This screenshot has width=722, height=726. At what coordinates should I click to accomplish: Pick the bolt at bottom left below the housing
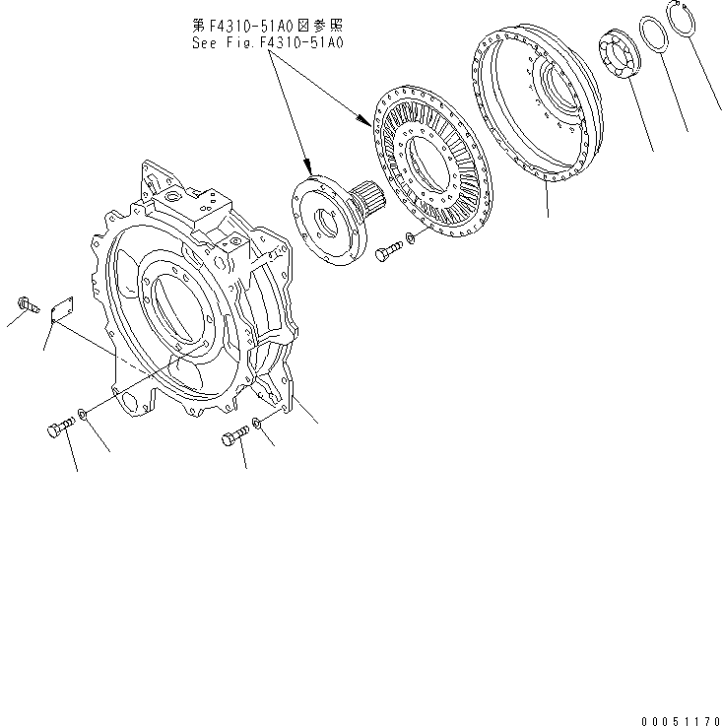59,429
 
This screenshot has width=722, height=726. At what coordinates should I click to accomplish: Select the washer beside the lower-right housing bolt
256,424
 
